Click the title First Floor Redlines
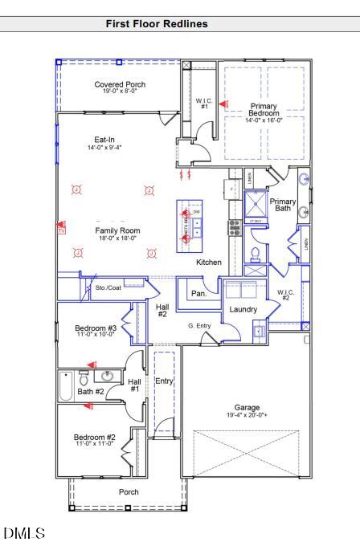(x=157, y=24)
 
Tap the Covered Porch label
(x=120, y=87)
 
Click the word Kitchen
(x=209, y=263)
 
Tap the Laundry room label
(x=243, y=309)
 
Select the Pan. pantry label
(x=199, y=294)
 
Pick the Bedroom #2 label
(x=95, y=438)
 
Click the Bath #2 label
(x=91, y=392)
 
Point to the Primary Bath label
(x=282, y=205)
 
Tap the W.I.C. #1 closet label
(x=204, y=103)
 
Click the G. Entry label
(x=199, y=325)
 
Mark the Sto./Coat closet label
(x=108, y=287)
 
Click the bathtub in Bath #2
(x=66, y=385)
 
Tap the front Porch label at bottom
(x=129, y=491)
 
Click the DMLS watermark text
(x=24, y=533)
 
